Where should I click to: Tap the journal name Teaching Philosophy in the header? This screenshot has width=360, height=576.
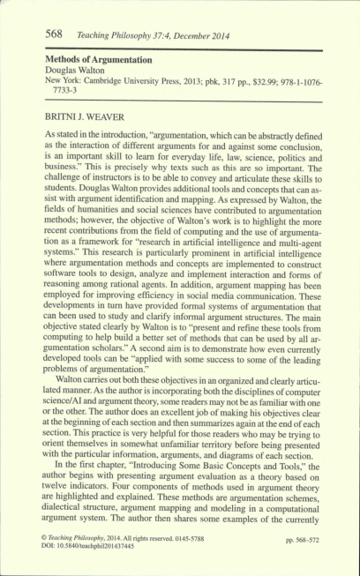click(x=111, y=34)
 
